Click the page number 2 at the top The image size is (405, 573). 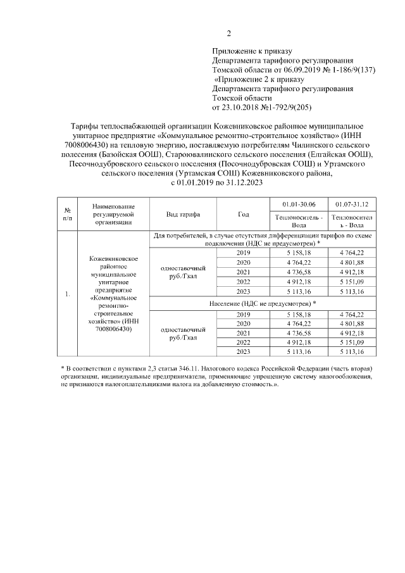(229, 34)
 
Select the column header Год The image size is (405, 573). (244, 215)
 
